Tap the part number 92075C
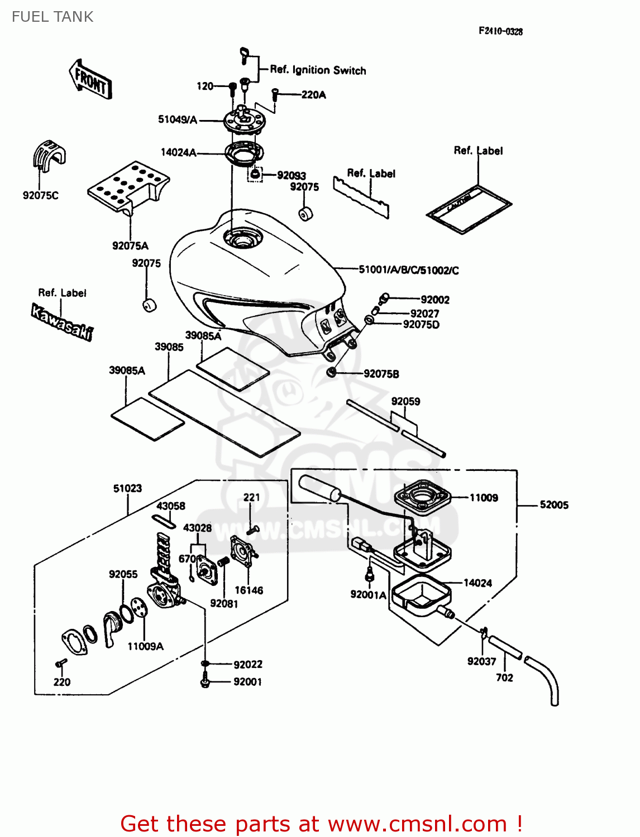40,195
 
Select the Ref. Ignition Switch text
318,70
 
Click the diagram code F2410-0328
500,31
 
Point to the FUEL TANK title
52,17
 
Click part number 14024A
178,152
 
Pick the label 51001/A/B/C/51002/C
408,270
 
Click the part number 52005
554,505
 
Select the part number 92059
405,401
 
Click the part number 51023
127,488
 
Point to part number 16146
249,590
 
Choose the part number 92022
247,664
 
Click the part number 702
504,677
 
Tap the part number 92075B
381,374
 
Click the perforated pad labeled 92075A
128,186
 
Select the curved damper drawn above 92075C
48,154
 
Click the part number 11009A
145,646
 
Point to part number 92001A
368,595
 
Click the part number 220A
313,95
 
